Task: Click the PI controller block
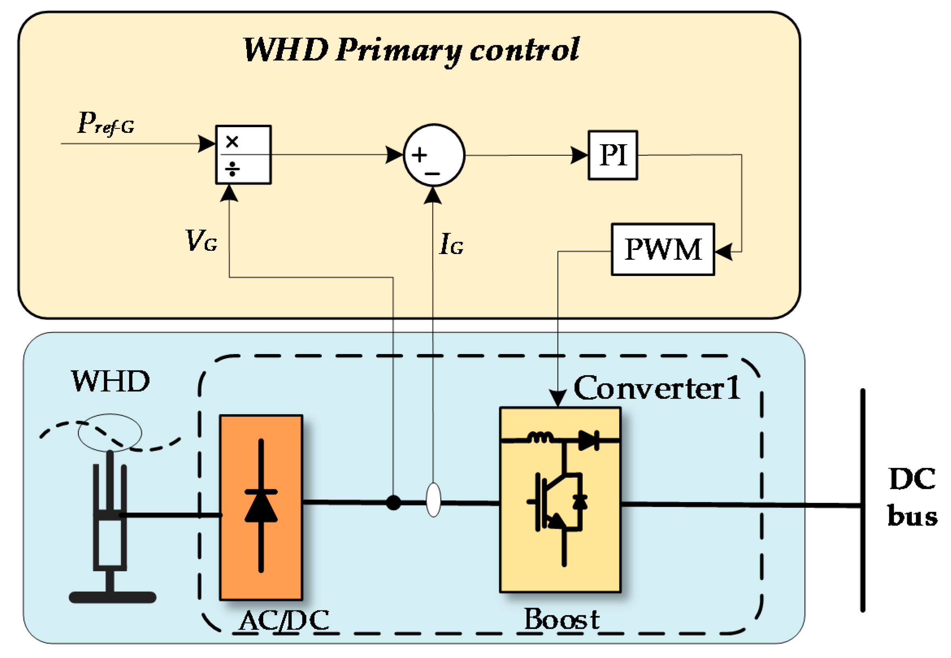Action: click(x=613, y=155)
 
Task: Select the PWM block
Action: click(x=663, y=250)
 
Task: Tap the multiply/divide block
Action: click(x=243, y=154)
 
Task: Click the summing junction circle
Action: click(x=434, y=155)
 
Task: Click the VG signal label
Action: click(x=201, y=240)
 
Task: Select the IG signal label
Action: click(x=452, y=244)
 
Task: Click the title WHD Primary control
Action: click(x=411, y=50)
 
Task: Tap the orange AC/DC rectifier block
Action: click(x=261, y=507)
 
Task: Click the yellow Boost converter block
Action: click(x=560, y=500)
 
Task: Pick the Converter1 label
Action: click(x=657, y=388)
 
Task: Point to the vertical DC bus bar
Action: click(x=862, y=500)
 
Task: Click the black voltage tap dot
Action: click(x=394, y=503)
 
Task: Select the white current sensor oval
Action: click(x=433, y=499)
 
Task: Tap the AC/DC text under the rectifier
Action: click(x=284, y=620)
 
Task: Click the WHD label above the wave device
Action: click(x=110, y=381)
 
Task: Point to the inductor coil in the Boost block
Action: click(x=540, y=437)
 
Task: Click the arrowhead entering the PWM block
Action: click(x=724, y=251)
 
